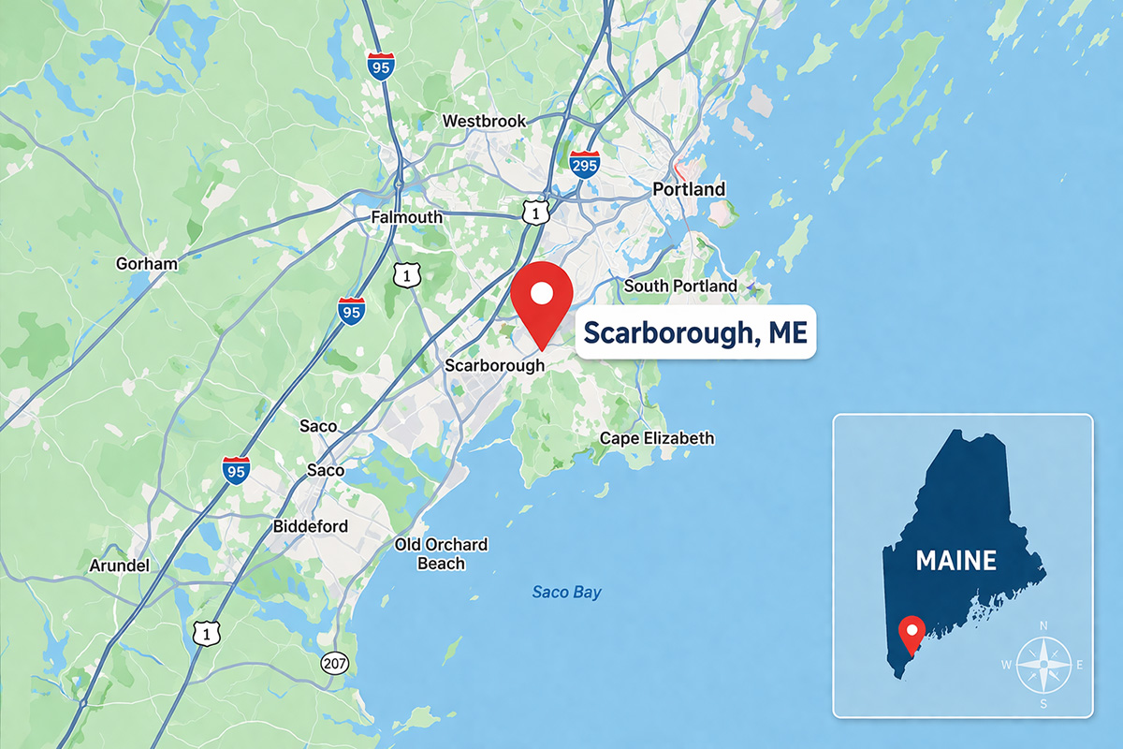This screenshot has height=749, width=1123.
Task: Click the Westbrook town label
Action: tap(484, 121)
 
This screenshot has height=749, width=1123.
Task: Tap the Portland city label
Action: tap(689, 189)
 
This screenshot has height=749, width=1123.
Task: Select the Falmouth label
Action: tap(406, 217)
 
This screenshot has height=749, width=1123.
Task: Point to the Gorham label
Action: tap(146, 263)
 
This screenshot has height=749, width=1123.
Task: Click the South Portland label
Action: tap(680, 286)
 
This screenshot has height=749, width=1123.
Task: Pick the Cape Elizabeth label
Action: tap(657, 437)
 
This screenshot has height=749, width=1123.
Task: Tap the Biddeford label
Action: tap(310, 526)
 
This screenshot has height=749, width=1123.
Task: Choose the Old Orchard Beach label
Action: tap(441, 554)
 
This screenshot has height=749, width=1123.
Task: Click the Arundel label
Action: tap(119, 565)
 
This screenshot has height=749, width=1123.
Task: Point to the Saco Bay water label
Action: tap(566, 592)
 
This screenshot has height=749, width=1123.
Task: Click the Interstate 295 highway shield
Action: tap(584, 165)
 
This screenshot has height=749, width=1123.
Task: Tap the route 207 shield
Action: tap(334, 663)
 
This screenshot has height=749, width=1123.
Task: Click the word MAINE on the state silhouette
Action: tap(955, 561)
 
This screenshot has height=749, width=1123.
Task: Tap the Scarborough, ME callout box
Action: tap(695, 331)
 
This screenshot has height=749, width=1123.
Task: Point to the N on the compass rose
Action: tap(1043, 625)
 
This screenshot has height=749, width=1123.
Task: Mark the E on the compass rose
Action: tap(1079, 665)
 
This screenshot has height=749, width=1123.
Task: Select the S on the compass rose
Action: tap(1043, 704)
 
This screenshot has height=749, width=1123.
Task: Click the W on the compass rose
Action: tap(1006, 665)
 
